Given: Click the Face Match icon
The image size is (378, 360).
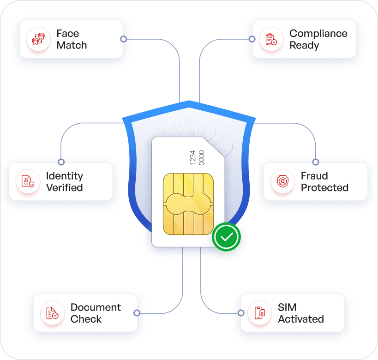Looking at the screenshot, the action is coord(39,39).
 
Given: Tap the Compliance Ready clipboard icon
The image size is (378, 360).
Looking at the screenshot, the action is coord(271,39).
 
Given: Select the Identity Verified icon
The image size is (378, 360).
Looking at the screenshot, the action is coord(28,181).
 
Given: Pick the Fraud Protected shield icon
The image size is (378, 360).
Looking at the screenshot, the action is coord(283,181).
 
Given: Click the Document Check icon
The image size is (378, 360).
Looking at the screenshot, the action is coord(52,313).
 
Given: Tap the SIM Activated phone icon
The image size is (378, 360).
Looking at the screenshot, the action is coord(260,313).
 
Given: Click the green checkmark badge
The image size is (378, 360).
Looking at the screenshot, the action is coord(226,237).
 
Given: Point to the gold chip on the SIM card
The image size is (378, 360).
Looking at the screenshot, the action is coord(188,204).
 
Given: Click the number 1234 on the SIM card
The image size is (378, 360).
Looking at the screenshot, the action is coord(192,158).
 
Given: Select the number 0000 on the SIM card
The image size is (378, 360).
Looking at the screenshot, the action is coord(202,158).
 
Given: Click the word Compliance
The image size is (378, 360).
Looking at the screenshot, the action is coord(318,34).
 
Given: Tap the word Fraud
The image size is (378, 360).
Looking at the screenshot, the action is coord(314,176).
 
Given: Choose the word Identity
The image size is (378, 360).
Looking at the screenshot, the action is coord(65,176).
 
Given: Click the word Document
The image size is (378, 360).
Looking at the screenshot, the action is coord(96,307).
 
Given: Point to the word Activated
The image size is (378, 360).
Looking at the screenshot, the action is coord(301,319).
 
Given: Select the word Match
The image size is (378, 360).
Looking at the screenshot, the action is coord(72,45).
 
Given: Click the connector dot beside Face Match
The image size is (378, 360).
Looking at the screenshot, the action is coord(124,39).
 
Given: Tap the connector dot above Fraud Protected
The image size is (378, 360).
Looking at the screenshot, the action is coord(316,162).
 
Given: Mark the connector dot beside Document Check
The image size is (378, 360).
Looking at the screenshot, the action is coord(137,313).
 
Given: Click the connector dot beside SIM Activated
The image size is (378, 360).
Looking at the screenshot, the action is coord(241,313).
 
